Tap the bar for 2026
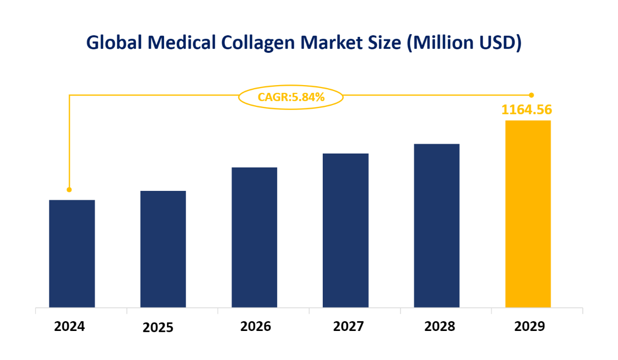254,237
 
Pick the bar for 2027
346,230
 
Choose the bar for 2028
436,225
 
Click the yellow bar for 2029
528,214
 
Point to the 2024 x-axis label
69,327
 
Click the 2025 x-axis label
158,328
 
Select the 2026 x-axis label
255,327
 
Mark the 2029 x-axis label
530,327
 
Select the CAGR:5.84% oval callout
291,96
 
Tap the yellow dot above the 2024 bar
69,190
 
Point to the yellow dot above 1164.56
531,95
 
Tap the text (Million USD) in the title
464,43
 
